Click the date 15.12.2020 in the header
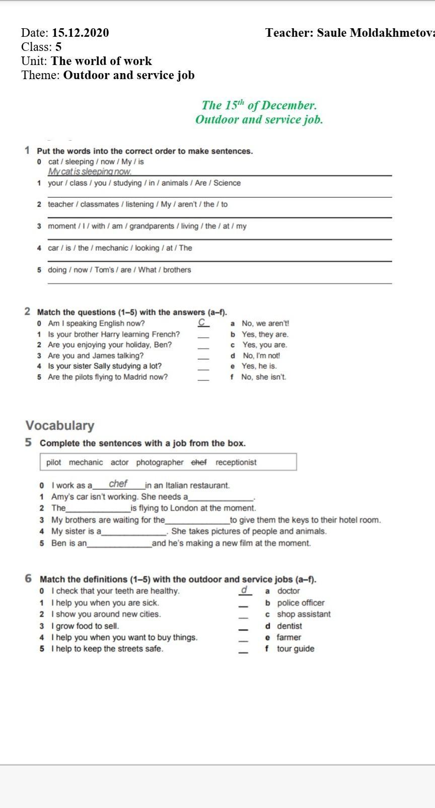point(80,33)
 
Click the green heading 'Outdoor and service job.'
point(259,120)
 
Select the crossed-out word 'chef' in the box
point(199,462)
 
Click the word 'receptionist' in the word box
point(236,462)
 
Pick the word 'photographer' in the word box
point(160,462)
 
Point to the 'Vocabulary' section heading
point(60,425)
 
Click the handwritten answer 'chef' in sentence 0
point(118,484)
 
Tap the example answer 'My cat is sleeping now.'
point(90,171)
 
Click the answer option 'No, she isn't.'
point(263,377)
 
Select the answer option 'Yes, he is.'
point(259,366)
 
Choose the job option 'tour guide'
point(295,649)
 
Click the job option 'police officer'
point(301,603)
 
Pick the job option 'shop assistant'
point(304,614)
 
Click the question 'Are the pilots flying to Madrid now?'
point(108,377)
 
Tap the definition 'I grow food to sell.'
point(85,626)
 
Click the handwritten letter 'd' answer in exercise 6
point(244,590)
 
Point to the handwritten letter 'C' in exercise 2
point(202,323)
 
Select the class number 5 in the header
point(58,47)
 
